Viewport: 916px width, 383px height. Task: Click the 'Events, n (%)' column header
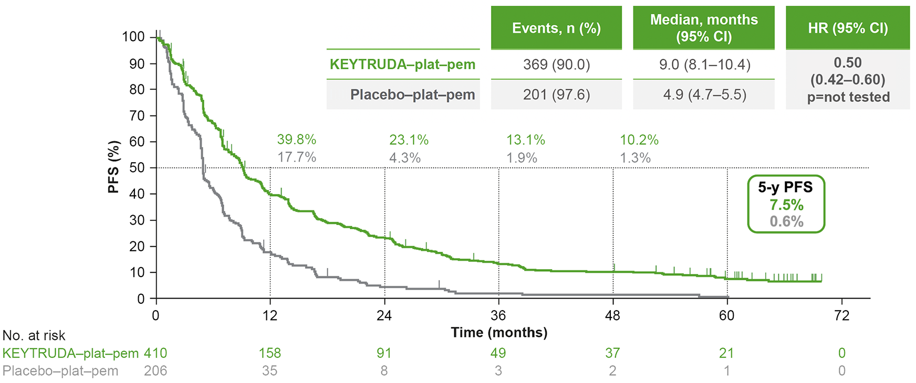click(556, 28)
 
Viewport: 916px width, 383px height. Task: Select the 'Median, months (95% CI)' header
click(704, 28)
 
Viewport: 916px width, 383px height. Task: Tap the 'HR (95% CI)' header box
click(848, 28)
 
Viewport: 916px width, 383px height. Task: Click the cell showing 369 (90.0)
click(556, 65)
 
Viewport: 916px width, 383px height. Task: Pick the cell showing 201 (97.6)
click(556, 95)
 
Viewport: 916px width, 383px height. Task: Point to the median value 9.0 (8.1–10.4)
click(704, 65)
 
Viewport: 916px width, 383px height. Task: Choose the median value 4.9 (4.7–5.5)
click(704, 95)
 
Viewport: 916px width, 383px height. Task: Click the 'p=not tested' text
click(848, 97)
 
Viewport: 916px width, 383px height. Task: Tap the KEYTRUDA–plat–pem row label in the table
click(402, 65)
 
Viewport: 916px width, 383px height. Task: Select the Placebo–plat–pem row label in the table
click(412, 95)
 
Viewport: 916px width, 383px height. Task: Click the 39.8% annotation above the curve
click(297, 140)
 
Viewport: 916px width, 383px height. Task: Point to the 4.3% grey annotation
click(405, 158)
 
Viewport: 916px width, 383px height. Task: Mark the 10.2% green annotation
click(639, 140)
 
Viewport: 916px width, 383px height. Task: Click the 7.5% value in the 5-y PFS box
click(786, 205)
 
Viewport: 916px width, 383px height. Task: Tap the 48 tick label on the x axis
click(612, 315)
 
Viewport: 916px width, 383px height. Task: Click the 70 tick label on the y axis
click(137, 115)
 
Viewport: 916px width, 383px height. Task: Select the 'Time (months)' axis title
click(499, 333)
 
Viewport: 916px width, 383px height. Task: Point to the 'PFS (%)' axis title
click(114, 167)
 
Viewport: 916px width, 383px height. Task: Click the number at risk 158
click(270, 353)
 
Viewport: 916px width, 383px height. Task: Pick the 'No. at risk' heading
click(34, 336)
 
